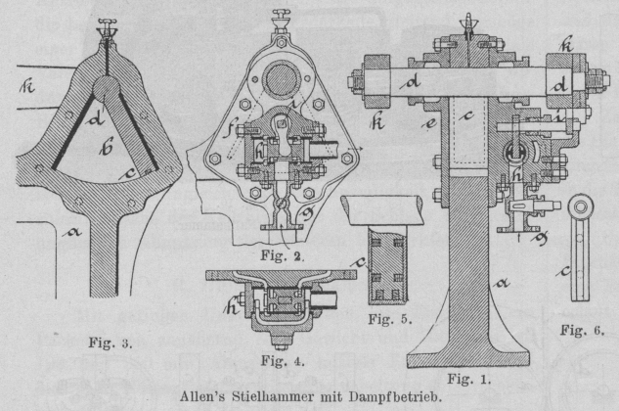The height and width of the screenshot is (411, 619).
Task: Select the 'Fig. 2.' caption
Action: click(x=291, y=256)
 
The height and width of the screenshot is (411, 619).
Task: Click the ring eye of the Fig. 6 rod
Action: click(x=578, y=207)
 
